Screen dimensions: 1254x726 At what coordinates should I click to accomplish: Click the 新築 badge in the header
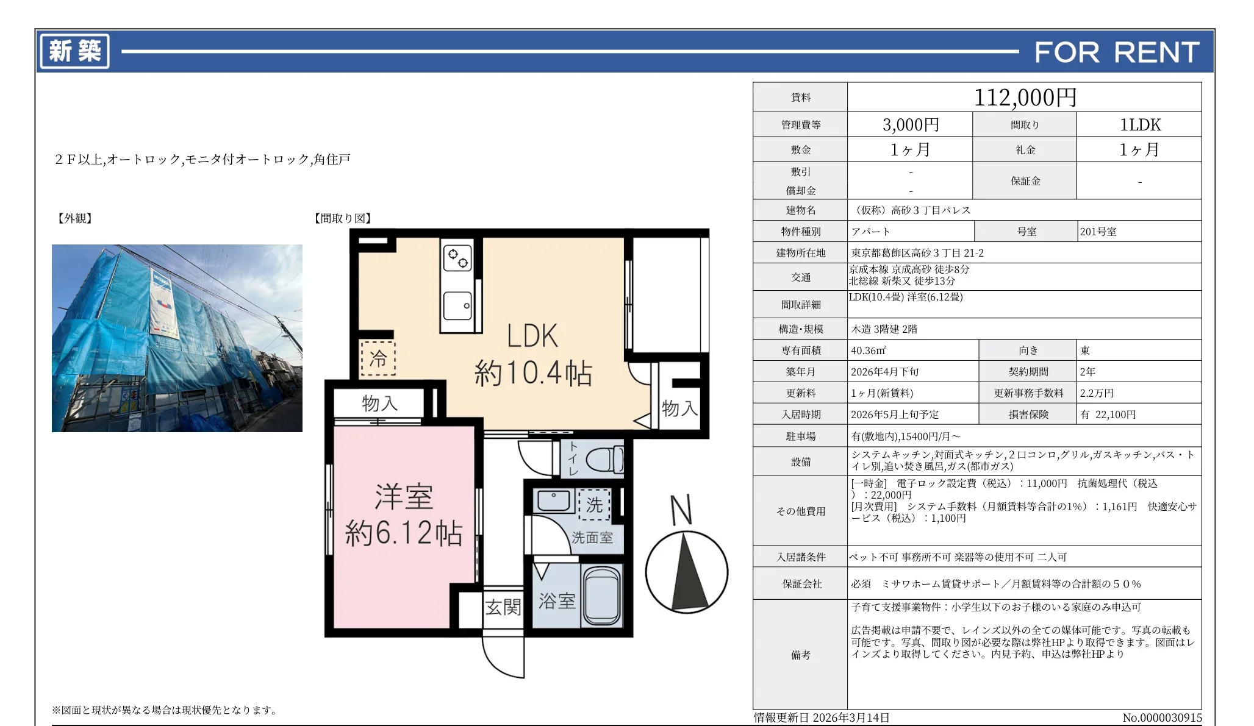[x=74, y=51]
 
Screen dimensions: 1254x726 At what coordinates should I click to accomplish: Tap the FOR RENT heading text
[x=1117, y=52]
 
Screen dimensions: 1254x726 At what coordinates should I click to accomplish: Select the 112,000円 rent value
[x=1025, y=98]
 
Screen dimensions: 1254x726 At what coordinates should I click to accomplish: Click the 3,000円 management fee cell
[x=911, y=124]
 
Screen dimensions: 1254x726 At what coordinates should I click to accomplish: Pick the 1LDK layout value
[x=1139, y=124]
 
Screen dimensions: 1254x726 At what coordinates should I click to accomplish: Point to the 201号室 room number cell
[x=1098, y=232]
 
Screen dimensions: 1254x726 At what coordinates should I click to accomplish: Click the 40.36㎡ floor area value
[x=869, y=351]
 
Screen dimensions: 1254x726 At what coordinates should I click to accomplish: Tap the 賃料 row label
[x=800, y=98]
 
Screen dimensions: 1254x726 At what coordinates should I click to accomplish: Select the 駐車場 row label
[x=800, y=436]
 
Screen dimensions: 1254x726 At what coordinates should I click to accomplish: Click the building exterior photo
[x=177, y=338]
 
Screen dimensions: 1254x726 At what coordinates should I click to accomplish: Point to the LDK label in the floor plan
[x=532, y=336]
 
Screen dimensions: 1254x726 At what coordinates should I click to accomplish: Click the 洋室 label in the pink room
[x=404, y=497]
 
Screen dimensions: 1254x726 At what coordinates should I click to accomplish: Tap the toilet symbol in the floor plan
[x=605, y=459]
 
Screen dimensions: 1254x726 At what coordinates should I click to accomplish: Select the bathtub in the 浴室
[x=601, y=596]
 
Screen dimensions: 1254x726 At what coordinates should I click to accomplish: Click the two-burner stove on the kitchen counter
[x=457, y=258]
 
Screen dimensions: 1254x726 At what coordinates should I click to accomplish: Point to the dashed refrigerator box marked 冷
[x=378, y=358]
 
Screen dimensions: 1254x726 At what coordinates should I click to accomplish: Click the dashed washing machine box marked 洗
[x=594, y=505]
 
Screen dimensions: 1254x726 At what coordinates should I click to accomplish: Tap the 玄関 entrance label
[x=503, y=607]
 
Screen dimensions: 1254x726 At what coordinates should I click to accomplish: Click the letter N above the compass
[x=681, y=510]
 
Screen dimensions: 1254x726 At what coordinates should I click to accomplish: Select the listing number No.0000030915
[x=1162, y=718]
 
